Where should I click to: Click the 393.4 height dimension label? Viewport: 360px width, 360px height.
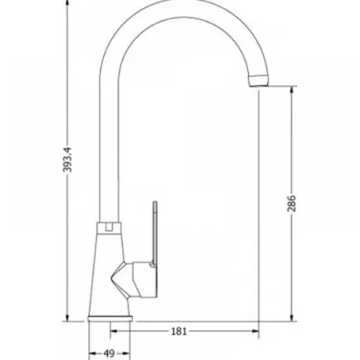(67, 160)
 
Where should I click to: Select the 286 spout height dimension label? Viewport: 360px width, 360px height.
(292, 203)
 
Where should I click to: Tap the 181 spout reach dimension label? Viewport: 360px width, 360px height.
(179, 331)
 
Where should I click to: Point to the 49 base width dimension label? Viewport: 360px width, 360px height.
(109, 354)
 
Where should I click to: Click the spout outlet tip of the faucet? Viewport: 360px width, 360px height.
(258, 81)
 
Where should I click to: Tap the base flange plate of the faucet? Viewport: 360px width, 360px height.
(110, 319)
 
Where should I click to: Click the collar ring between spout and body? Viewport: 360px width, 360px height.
(110, 228)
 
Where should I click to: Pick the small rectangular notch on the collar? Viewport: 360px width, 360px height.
(110, 226)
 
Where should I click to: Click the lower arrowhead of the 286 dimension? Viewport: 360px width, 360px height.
(292, 317)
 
